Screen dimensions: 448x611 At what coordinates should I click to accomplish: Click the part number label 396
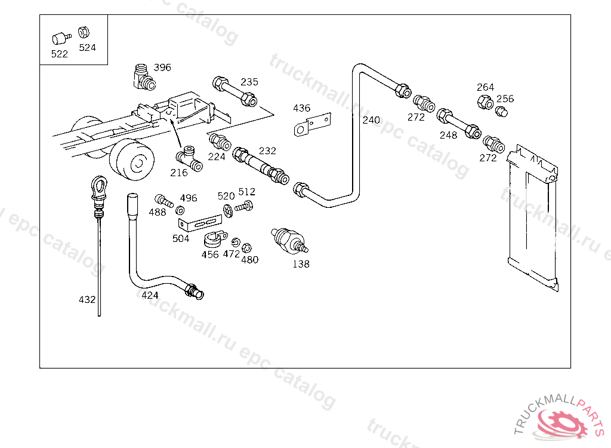click(x=162, y=67)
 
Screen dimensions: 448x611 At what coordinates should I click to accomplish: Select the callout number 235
click(x=249, y=82)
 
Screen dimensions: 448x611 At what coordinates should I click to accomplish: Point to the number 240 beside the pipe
click(x=371, y=120)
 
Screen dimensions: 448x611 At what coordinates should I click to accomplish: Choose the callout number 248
click(x=448, y=135)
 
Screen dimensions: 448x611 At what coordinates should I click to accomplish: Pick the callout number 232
click(x=267, y=151)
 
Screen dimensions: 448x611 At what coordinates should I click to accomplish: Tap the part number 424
click(x=150, y=294)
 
